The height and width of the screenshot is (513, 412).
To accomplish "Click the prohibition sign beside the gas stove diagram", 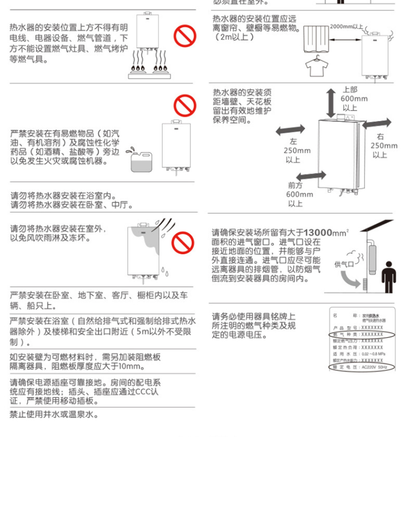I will point(184,38).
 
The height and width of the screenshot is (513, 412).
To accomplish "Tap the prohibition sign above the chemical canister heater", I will point(184,105).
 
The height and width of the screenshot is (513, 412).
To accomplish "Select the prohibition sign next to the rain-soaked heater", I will point(183,242).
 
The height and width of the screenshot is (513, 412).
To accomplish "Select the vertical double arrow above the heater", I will point(331,102).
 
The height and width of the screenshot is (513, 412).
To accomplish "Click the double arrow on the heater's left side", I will point(290,129).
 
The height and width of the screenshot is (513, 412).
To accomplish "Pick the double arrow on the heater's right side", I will point(377,123).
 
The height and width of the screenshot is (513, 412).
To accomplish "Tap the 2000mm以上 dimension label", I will point(346,26).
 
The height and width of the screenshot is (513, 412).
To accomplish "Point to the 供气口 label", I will point(344,265).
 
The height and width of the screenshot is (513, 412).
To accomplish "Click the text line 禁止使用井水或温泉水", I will point(55,415).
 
